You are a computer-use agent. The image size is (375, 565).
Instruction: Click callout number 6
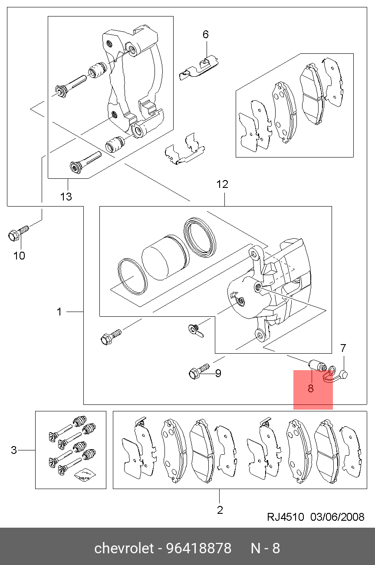(206, 34)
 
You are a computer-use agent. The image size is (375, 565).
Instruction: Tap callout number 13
(66, 197)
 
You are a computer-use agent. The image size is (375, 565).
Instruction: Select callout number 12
(222, 184)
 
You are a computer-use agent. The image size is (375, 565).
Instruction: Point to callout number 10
(19, 256)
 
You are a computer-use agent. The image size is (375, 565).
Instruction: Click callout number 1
(59, 312)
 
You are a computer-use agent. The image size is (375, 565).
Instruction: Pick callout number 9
(218, 373)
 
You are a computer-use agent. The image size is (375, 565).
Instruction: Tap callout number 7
(343, 348)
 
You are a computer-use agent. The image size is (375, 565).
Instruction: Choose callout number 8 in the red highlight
(310, 388)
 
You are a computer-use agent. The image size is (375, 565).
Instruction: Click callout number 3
(14, 450)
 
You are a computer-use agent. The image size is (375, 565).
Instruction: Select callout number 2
(220, 510)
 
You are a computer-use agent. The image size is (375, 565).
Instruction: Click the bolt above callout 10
(18, 233)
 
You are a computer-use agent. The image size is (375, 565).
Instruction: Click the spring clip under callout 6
(199, 68)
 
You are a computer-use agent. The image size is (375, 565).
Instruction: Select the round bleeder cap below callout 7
(344, 374)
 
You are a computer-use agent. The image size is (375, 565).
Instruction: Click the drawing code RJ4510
(286, 517)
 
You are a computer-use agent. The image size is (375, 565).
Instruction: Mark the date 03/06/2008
(337, 517)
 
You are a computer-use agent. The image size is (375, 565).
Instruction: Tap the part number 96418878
(199, 548)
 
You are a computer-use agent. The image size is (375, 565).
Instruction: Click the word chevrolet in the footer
(124, 548)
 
